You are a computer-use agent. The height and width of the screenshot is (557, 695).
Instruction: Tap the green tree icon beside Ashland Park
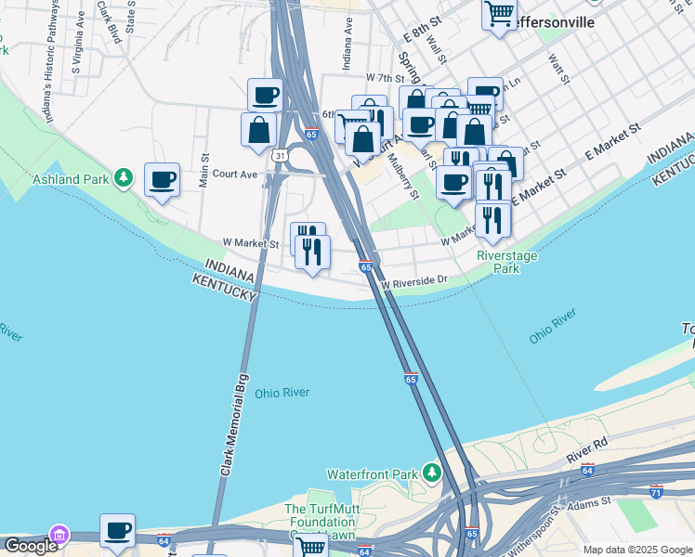(122, 177)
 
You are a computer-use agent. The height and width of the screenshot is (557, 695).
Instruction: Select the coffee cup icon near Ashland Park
(163, 180)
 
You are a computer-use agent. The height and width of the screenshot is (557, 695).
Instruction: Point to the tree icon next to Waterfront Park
(432, 473)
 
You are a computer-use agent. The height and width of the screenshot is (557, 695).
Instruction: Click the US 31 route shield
(280, 156)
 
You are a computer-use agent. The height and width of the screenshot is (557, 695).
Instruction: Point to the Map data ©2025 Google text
(636, 550)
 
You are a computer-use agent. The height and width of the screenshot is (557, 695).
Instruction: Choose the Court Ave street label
(234, 174)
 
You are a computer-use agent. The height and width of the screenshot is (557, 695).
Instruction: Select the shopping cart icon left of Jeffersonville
(499, 14)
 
